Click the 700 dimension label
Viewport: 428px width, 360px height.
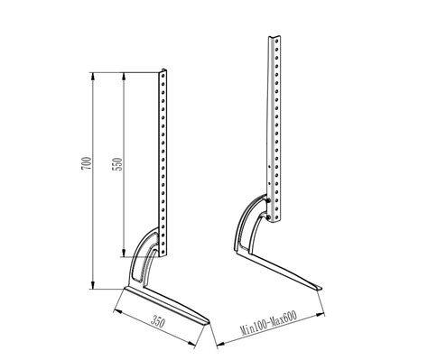(86, 163)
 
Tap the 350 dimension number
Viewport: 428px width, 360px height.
(158, 321)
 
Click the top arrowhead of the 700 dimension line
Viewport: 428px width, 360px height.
(93, 76)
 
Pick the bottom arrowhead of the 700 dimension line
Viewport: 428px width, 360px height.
(93, 285)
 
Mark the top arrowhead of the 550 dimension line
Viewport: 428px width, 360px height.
(124, 76)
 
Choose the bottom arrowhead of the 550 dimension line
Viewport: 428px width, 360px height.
(124, 253)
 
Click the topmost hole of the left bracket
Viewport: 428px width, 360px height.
(163, 76)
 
